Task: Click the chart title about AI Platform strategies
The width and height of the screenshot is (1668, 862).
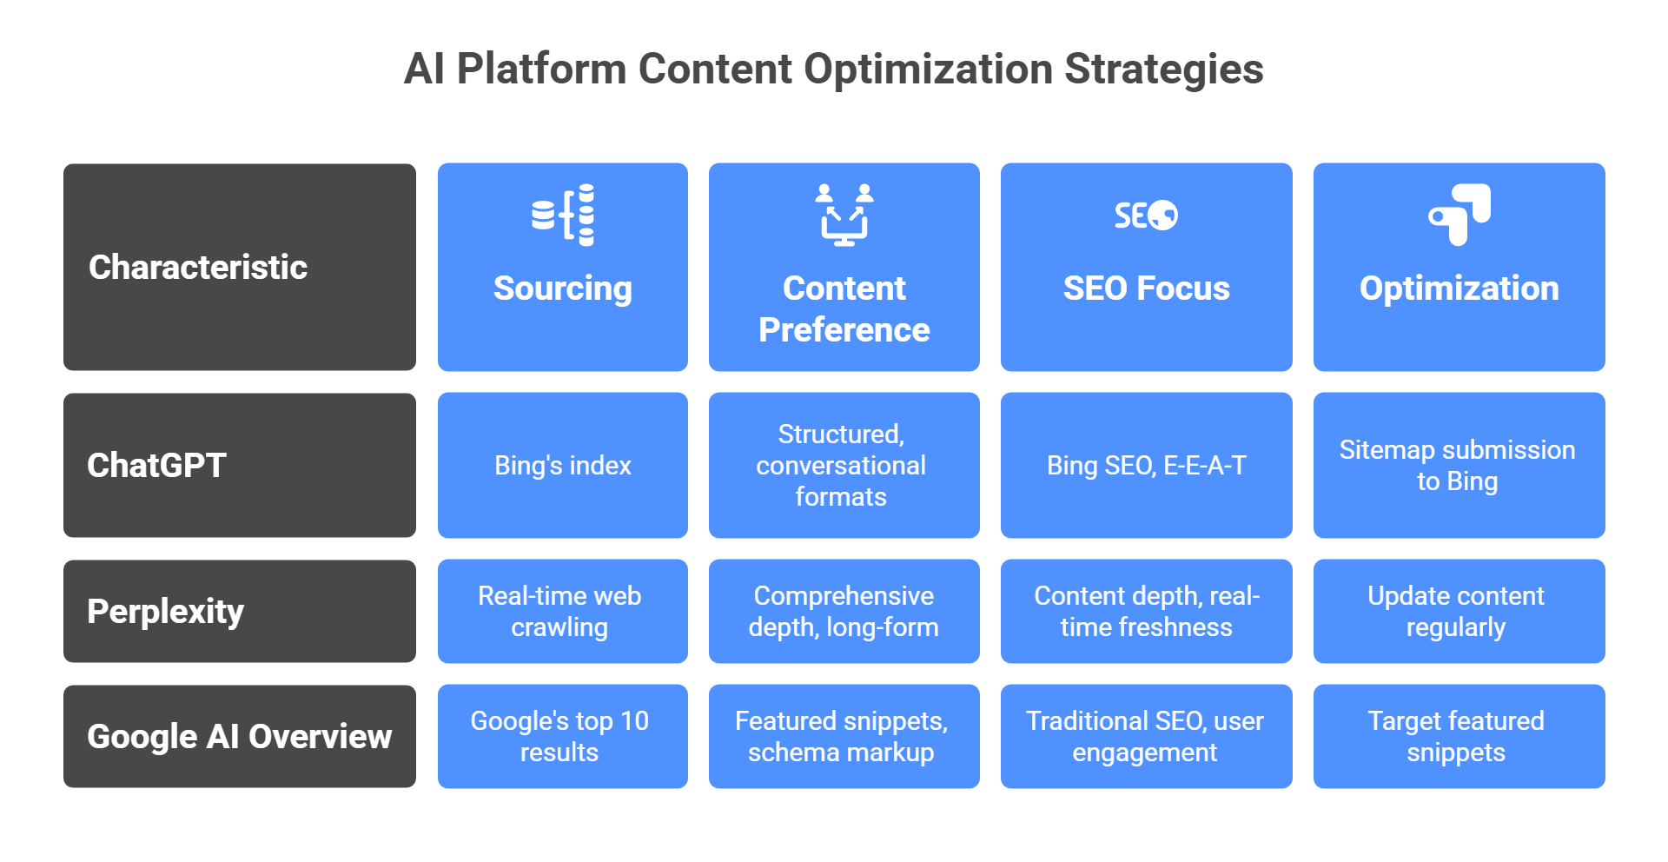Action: [x=833, y=69]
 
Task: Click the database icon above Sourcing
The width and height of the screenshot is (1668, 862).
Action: [x=563, y=215]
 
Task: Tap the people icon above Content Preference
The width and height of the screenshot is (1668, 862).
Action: [x=844, y=215]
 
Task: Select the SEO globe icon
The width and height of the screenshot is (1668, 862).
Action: [x=1146, y=215]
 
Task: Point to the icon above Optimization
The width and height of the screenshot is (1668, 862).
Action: [x=1459, y=215]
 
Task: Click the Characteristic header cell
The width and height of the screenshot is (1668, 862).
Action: [x=240, y=267]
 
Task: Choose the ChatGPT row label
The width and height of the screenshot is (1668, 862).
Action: [x=240, y=465]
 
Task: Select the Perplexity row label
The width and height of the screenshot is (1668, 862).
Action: [x=240, y=611]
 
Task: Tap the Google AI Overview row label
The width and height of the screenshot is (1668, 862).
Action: [x=240, y=736]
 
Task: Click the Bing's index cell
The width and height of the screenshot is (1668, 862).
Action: [x=563, y=465]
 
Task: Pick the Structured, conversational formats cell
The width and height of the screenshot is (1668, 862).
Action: [x=844, y=465]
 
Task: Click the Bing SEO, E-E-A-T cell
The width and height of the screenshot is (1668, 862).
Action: [x=1146, y=465]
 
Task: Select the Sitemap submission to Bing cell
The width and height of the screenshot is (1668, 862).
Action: [x=1459, y=465]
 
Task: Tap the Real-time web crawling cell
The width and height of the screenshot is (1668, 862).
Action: [x=563, y=611]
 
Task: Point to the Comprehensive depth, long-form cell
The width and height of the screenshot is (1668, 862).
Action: [x=844, y=611]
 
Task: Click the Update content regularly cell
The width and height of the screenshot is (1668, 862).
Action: [x=1459, y=611]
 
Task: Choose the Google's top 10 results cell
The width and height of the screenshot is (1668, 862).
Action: [x=563, y=736]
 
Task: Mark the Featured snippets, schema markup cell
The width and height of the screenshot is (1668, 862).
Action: [x=844, y=736]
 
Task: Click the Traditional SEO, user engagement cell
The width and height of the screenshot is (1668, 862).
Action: [x=1146, y=736]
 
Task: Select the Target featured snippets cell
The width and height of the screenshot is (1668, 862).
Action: [x=1459, y=736]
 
